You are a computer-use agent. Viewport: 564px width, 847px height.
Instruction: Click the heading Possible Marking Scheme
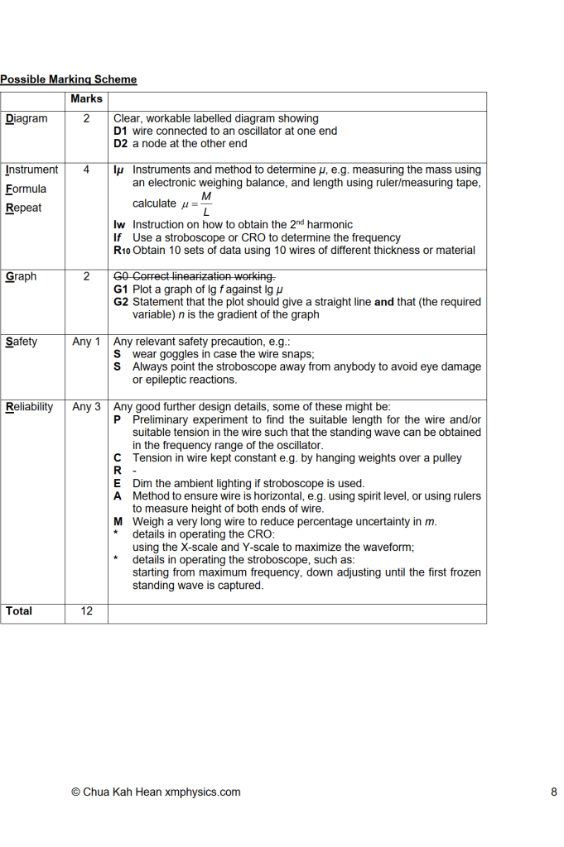[x=68, y=79]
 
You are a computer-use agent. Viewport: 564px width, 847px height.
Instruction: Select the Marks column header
[x=86, y=99]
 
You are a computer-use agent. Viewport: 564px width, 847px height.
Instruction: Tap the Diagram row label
[x=27, y=118]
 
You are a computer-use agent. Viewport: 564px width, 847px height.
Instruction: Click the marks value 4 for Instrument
[x=86, y=170]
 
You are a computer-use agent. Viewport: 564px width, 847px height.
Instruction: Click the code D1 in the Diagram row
[x=121, y=131]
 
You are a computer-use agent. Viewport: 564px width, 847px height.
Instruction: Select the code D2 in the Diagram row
[x=121, y=143]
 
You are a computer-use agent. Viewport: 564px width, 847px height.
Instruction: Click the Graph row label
[x=21, y=276]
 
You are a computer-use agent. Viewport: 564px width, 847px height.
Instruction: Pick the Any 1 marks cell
[x=86, y=341]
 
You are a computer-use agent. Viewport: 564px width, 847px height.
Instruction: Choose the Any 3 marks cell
[x=86, y=406]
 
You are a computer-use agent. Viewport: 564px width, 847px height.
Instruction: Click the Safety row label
[x=22, y=341]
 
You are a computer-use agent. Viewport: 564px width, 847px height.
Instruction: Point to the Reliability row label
[x=29, y=406]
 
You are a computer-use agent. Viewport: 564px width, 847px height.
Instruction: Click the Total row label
[x=19, y=610]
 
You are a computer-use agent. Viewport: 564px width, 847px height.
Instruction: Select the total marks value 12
[x=86, y=610]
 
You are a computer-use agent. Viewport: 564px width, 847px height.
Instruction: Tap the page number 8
[x=553, y=792]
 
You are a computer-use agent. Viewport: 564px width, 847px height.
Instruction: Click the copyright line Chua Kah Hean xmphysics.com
[x=156, y=792]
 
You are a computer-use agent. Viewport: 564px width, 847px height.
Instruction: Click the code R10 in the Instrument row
[x=122, y=250]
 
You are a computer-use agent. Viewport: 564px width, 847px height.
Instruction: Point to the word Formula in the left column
[x=26, y=189]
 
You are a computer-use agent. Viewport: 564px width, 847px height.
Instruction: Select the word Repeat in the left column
[x=23, y=208]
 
